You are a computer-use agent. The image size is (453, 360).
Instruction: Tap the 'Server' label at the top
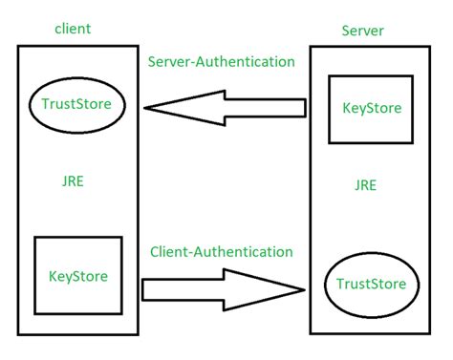[x=363, y=32]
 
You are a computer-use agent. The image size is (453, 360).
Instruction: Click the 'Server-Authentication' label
[x=221, y=62]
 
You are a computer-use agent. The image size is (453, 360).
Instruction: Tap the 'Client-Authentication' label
[x=221, y=252]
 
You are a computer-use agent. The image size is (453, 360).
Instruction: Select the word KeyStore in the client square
[x=78, y=277]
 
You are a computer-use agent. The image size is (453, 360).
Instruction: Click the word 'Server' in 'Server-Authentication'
[x=169, y=62]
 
